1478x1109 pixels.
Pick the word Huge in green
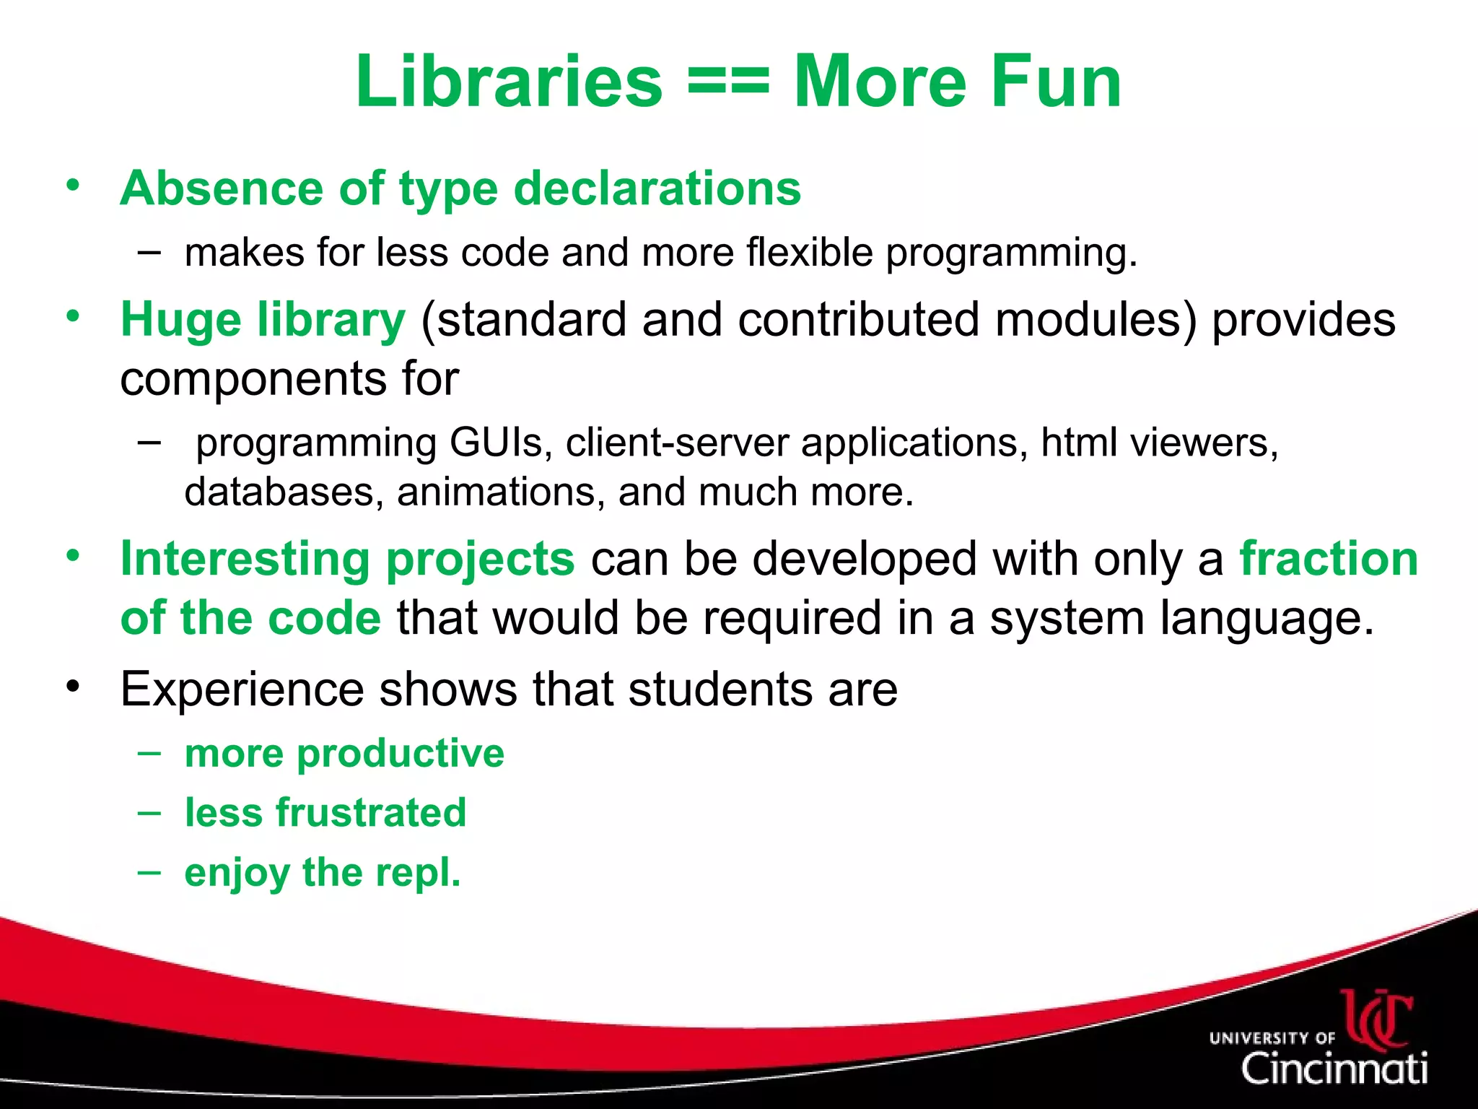tap(180, 319)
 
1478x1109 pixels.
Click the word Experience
tap(242, 689)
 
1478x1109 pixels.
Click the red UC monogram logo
tap(1377, 1018)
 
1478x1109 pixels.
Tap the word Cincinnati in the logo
tap(1334, 1067)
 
